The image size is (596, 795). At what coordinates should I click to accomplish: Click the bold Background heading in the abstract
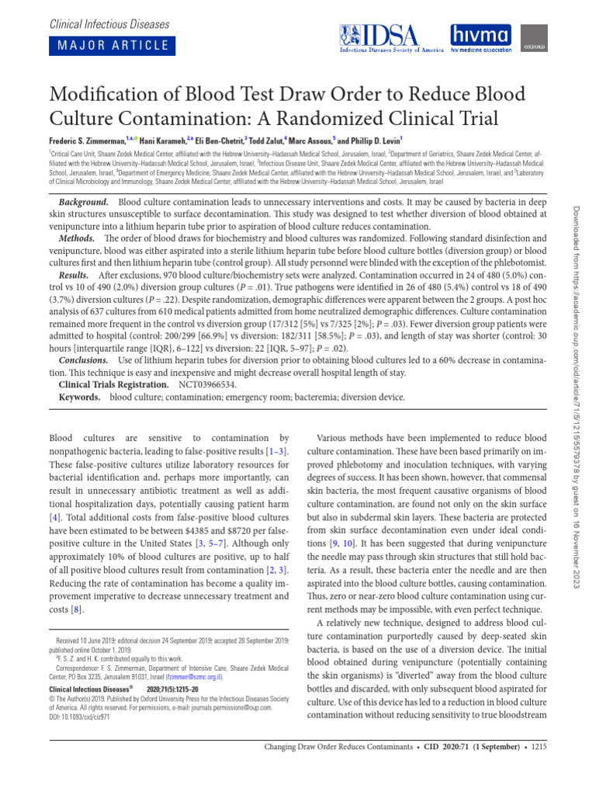85,200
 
